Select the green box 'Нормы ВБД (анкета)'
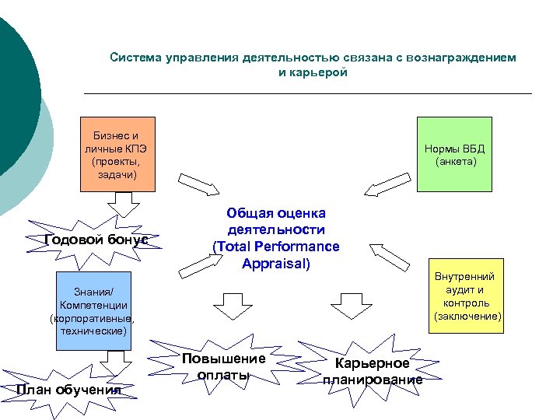454,154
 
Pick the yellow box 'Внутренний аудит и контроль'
464,297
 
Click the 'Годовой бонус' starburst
97,240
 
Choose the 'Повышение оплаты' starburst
223,366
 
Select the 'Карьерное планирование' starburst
373,372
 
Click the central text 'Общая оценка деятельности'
276,221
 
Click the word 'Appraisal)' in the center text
276,263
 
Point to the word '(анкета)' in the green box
456,162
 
